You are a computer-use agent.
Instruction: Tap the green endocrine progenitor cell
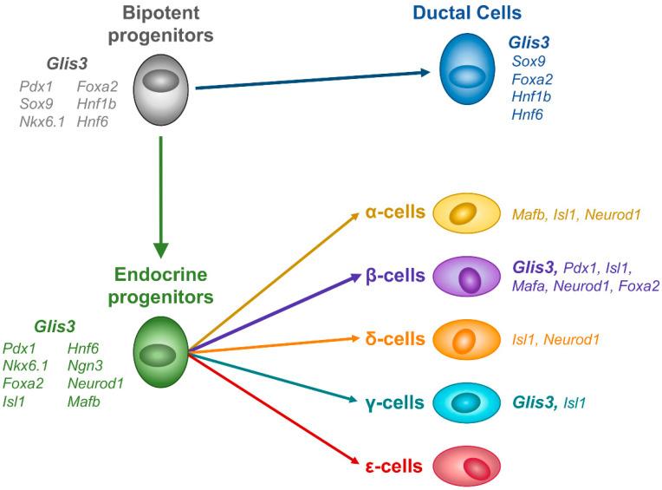point(159,351)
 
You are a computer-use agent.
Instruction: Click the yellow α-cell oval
point(465,213)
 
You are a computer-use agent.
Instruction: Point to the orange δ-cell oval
point(465,339)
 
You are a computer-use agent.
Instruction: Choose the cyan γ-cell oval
point(465,402)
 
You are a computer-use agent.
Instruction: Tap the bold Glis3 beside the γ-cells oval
point(534,402)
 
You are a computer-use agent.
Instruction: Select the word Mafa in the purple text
point(529,285)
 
